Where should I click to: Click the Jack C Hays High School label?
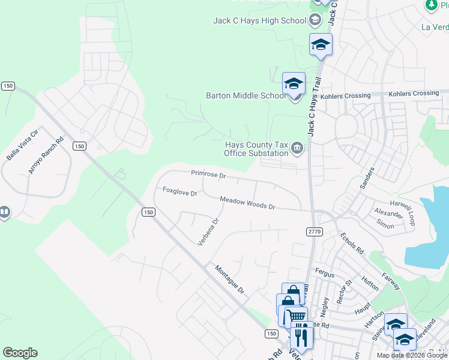tap(259, 20)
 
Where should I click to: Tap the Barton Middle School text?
tap(246, 95)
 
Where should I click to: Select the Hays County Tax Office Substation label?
tap(256, 149)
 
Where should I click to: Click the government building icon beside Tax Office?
tap(297, 148)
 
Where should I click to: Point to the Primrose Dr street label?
tap(208, 175)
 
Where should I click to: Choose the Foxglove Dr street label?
tap(180, 191)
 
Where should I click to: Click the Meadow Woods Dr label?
tap(247, 203)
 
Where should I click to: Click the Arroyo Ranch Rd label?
tap(46, 157)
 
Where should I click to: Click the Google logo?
tap(20, 353)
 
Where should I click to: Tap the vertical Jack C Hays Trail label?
tap(314, 106)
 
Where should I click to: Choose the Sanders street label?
tap(367, 178)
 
